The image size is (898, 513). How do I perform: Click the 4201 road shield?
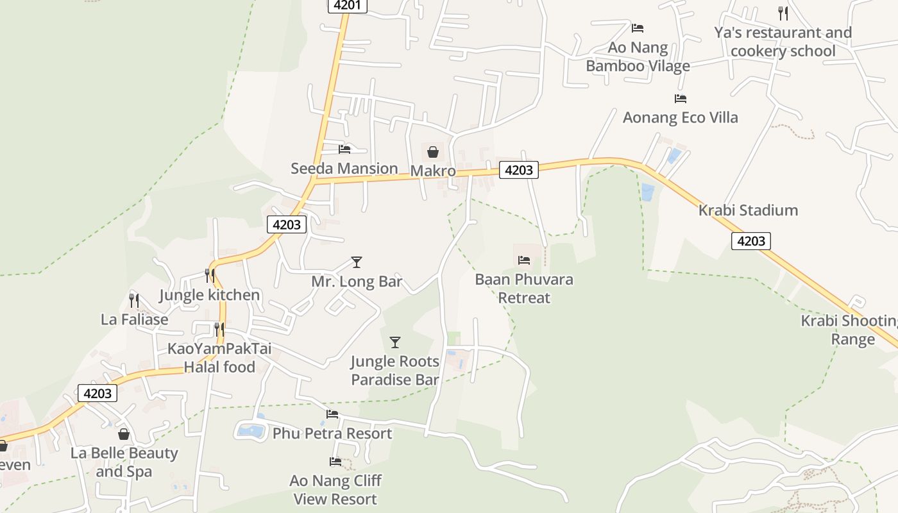point(348,5)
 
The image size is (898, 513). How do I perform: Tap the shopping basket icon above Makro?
point(433,152)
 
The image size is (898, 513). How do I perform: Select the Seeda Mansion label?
point(344,169)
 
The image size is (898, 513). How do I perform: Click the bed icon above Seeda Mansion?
point(344,149)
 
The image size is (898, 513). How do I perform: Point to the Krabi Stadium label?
point(748,210)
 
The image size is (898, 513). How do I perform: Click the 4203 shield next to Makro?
point(518,170)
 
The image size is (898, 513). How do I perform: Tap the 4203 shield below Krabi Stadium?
point(750,241)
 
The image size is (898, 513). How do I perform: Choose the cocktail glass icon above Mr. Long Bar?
point(357,262)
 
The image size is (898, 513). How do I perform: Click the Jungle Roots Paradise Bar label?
point(395,371)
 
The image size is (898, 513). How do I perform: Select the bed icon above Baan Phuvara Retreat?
point(524,260)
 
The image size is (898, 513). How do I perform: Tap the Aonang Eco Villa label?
point(680,117)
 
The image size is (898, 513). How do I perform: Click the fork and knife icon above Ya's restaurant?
point(783,13)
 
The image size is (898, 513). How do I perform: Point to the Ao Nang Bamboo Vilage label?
point(638,56)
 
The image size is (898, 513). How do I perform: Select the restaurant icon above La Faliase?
point(134,300)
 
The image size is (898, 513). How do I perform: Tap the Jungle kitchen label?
point(209,295)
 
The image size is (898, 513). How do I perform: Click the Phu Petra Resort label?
point(332,433)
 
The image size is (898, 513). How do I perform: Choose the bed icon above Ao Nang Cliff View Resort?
point(335,462)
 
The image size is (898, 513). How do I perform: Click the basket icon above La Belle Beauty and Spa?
point(124,434)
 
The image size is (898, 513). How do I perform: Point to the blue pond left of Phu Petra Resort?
point(251,431)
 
